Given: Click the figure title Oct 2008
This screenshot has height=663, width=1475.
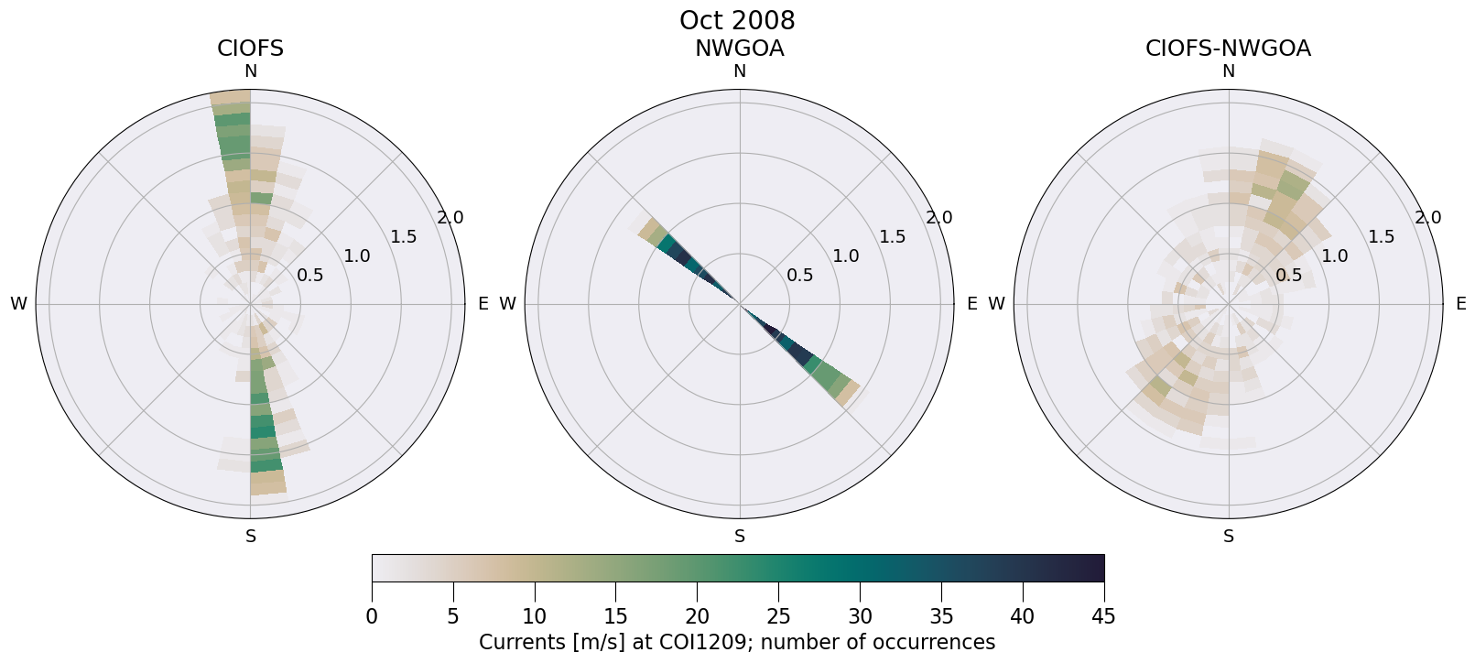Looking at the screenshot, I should pos(737,20).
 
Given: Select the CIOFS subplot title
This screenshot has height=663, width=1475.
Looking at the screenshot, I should pos(250,49).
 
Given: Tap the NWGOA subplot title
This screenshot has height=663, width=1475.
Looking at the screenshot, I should pos(739,49).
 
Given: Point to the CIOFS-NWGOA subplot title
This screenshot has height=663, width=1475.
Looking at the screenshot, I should pos(1228,49).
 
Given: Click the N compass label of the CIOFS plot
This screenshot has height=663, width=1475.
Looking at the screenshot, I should pos(250,71).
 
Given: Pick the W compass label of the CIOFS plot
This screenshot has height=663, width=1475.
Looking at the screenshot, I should pos(18,304).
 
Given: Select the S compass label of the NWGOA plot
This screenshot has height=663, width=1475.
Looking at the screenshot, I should pos(740,537).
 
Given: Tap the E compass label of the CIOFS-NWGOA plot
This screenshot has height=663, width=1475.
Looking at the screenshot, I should pos(1460,304).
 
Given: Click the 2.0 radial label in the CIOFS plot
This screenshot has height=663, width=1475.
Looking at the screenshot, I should pos(450,218).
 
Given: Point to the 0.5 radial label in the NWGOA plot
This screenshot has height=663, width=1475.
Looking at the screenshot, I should pos(799,275).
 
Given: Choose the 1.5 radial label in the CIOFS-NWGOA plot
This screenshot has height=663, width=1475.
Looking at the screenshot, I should pos(1381,237).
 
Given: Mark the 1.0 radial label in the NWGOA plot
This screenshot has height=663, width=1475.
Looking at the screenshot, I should pos(845,256).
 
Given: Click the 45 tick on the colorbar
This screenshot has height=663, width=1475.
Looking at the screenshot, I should pos(1103,616).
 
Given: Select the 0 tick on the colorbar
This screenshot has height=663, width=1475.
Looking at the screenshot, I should pos(372,616).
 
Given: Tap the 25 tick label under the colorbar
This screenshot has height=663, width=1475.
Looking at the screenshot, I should pos(778,616).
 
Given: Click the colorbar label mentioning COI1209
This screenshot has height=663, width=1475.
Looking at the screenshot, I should pos(737,642).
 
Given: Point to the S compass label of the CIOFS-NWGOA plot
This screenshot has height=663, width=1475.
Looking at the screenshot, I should pos(1229,537).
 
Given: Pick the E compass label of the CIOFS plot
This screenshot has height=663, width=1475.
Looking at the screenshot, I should pos(483,304).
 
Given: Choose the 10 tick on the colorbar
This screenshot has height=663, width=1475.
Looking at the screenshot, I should pos(535,616).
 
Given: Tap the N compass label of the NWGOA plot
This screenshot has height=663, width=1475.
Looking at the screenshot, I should pos(740,71).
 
